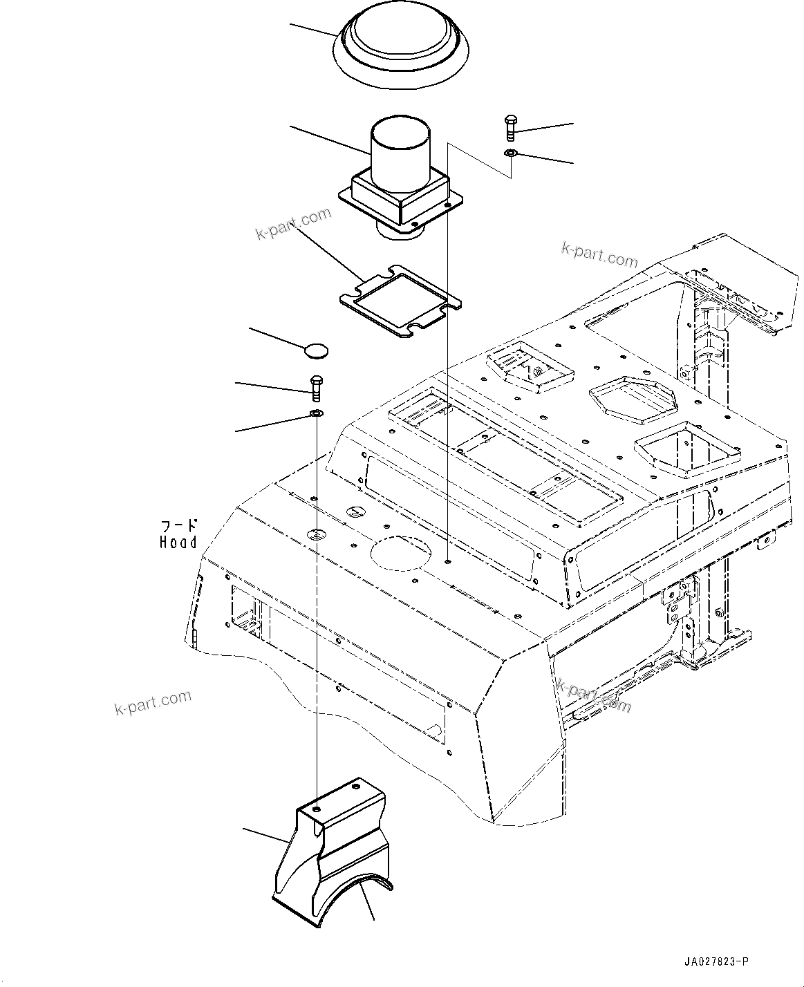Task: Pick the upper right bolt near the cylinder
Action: coord(510,128)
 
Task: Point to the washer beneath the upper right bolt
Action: coord(510,153)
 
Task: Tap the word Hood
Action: coord(178,543)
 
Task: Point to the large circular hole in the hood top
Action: coord(401,553)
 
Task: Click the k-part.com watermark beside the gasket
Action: coord(292,225)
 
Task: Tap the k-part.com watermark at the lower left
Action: coord(152,703)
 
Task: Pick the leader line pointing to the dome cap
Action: coord(315,30)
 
